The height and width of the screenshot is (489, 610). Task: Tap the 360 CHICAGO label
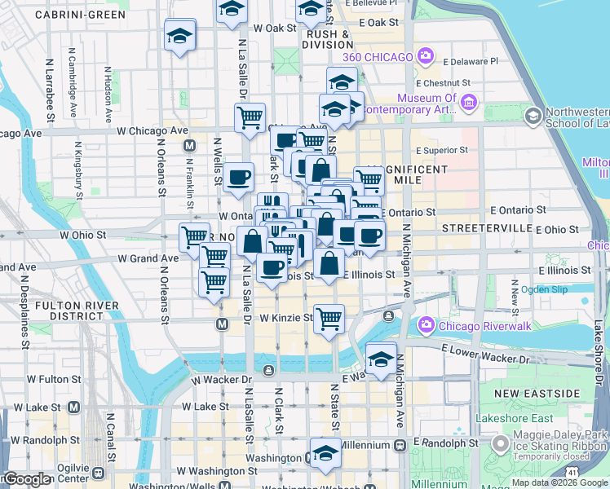(378, 56)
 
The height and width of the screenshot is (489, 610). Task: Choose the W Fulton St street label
(53, 379)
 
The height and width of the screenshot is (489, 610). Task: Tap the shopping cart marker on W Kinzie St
(329, 319)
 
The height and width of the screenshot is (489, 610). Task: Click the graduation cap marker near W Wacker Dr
(381, 359)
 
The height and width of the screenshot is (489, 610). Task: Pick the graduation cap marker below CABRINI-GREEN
(179, 36)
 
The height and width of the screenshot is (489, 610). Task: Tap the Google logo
(26, 479)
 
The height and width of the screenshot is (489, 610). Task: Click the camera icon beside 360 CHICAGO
(425, 55)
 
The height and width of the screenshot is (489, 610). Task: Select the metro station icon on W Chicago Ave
(190, 146)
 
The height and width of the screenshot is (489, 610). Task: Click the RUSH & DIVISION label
(329, 39)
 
